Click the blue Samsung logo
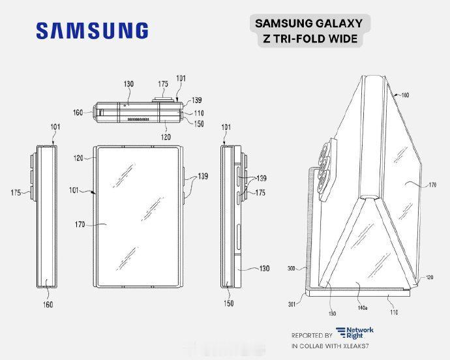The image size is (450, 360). (92, 31)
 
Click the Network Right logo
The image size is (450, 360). (355, 333)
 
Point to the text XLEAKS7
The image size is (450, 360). (354, 346)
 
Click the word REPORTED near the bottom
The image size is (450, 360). (304, 335)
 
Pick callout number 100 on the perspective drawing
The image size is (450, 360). (404, 95)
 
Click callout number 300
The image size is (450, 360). (292, 269)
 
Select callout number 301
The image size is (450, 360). (292, 304)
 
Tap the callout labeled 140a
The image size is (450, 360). (363, 308)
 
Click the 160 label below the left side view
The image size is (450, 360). (48, 305)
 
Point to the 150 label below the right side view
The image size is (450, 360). (229, 303)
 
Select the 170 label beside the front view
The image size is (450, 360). (80, 224)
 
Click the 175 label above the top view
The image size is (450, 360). (163, 84)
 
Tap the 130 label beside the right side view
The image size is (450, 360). (264, 269)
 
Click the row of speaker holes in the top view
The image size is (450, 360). (139, 119)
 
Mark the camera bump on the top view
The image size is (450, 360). (163, 99)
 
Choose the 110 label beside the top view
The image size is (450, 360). (199, 113)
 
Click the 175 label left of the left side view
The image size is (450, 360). (16, 192)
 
